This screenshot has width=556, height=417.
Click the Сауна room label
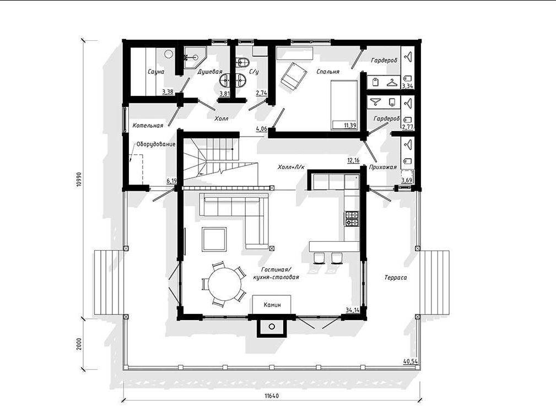[x=156, y=72]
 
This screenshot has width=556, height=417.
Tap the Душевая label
[x=210, y=72]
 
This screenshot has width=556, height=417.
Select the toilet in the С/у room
[x=243, y=62]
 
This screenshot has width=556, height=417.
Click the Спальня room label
[x=328, y=72]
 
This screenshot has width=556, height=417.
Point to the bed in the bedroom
[x=344, y=105]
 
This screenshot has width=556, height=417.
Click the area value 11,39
[x=350, y=125]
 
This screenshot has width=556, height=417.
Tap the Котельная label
[x=148, y=126]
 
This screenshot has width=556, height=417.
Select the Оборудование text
[x=156, y=144]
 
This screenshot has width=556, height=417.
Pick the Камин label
[x=272, y=305]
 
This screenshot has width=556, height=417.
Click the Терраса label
[x=396, y=278]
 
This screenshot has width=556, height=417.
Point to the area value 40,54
[x=411, y=361]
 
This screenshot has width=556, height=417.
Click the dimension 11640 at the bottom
[x=272, y=396]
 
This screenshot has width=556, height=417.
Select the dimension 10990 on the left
[x=79, y=180]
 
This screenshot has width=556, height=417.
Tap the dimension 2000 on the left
[x=79, y=343]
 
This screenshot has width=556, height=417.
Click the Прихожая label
[x=383, y=167]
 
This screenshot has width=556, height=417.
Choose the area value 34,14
[x=353, y=310]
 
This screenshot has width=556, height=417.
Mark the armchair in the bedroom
[x=294, y=76]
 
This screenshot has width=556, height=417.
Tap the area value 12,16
[x=354, y=160]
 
